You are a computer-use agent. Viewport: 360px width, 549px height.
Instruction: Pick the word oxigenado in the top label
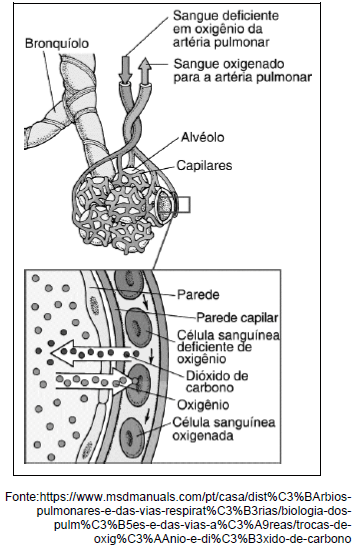[243, 61]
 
